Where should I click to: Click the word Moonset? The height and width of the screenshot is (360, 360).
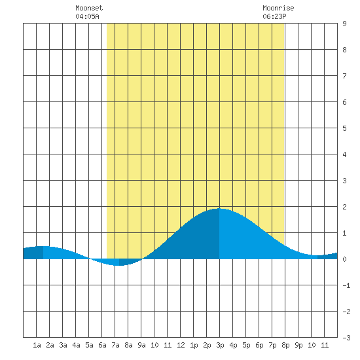[89, 8]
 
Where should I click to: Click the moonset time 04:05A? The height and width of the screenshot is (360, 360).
[87, 16]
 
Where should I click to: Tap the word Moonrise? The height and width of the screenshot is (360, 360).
[278, 8]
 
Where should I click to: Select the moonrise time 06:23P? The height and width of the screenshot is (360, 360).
[274, 16]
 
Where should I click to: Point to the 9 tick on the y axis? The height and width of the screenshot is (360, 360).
[344, 24]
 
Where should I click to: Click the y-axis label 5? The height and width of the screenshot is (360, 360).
[344, 128]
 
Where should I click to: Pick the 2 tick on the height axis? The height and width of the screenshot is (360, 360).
[344, 207]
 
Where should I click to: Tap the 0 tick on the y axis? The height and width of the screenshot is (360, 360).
[344, 259]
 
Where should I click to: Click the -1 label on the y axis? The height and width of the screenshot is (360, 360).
[346, 285]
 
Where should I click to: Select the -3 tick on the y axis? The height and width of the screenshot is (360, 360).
[346, 338]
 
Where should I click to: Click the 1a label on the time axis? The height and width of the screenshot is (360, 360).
[37, 345]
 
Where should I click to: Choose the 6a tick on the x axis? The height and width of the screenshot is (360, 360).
[102, 345]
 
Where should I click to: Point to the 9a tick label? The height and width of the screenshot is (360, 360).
[141, 345]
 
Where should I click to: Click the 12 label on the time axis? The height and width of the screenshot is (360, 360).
[181, 345]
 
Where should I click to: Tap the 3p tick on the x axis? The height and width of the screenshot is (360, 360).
[220, 345]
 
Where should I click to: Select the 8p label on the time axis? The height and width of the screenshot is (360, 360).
[285, 345]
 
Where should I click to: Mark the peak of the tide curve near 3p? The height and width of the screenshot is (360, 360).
[219, 208]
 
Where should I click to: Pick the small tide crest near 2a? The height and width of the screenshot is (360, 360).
[43, 246]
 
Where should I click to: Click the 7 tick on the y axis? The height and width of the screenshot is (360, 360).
[344, 76]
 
